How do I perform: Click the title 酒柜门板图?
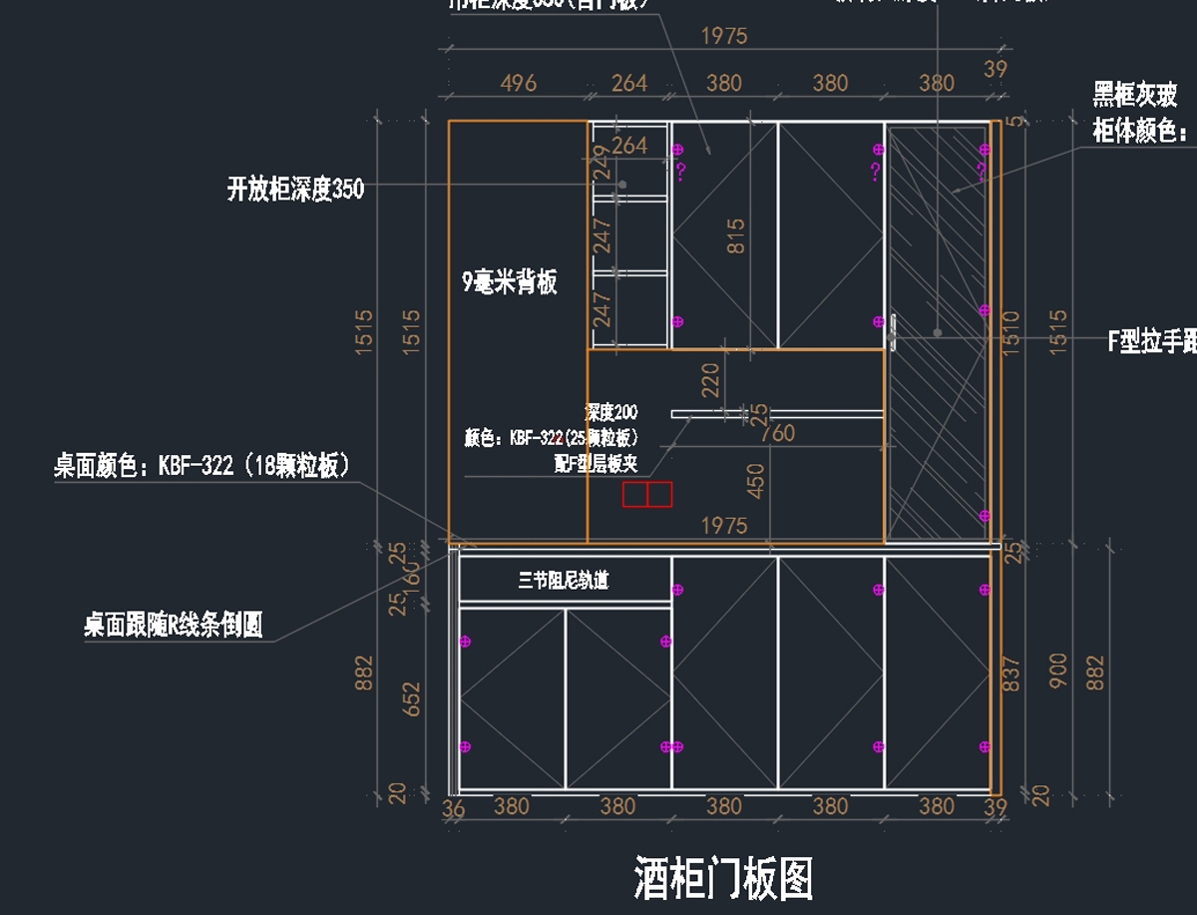723,879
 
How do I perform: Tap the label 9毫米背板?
510,282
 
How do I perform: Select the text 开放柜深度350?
295,189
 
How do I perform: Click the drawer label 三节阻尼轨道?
564,580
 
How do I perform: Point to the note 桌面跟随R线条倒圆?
174,626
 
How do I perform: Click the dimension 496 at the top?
518,83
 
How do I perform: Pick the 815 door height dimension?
736,236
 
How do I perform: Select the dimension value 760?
777,432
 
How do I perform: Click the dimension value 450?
755,480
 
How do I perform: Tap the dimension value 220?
710,380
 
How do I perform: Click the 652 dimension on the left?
411,700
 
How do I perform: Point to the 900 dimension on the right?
1059,671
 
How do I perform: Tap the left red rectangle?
634,494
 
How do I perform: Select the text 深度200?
610,412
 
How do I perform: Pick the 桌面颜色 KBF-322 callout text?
201,465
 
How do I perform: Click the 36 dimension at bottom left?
453,809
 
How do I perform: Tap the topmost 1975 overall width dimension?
724,36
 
